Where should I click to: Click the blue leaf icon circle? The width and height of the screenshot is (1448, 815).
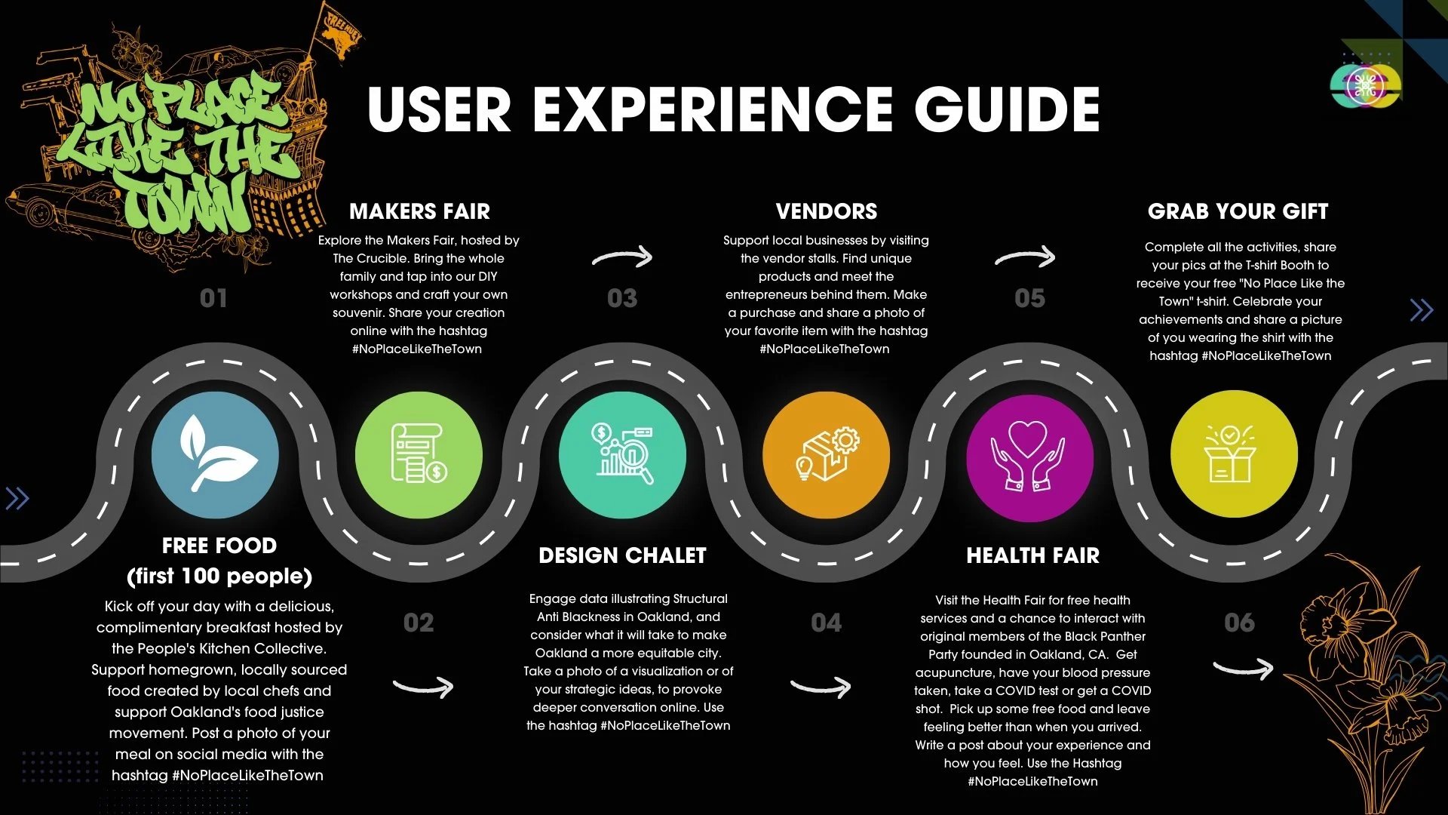click(215, 455)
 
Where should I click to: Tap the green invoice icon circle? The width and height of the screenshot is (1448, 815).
click(419, 455)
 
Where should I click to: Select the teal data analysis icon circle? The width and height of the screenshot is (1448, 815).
click(622, 455)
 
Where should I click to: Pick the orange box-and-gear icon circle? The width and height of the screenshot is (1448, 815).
click(827, 455)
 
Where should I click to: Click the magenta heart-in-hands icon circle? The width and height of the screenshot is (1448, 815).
click(1030, 455)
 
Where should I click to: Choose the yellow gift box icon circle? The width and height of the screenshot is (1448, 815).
click(1234, 455)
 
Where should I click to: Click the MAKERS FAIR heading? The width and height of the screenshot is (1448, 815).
click(419, 211)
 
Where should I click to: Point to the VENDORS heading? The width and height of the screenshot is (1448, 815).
click(827, 211)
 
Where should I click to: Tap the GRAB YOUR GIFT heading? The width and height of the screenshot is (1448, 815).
click(1238, 211)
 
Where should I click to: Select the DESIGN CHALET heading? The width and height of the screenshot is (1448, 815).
click(622, 555)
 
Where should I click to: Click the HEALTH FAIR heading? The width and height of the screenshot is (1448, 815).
click(1032, 555)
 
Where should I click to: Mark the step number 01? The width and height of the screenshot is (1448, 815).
click(213, 298)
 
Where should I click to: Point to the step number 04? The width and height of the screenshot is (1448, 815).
click(826, 623)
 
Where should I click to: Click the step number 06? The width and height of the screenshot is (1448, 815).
click(1239, 623)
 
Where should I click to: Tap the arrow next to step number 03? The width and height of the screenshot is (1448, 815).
click(623, 257)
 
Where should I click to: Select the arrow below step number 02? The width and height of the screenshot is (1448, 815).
click(424, 686)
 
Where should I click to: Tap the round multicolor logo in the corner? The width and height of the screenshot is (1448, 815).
click(1364, 85)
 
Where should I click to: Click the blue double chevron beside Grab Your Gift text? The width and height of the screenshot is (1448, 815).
click(1421, 309)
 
